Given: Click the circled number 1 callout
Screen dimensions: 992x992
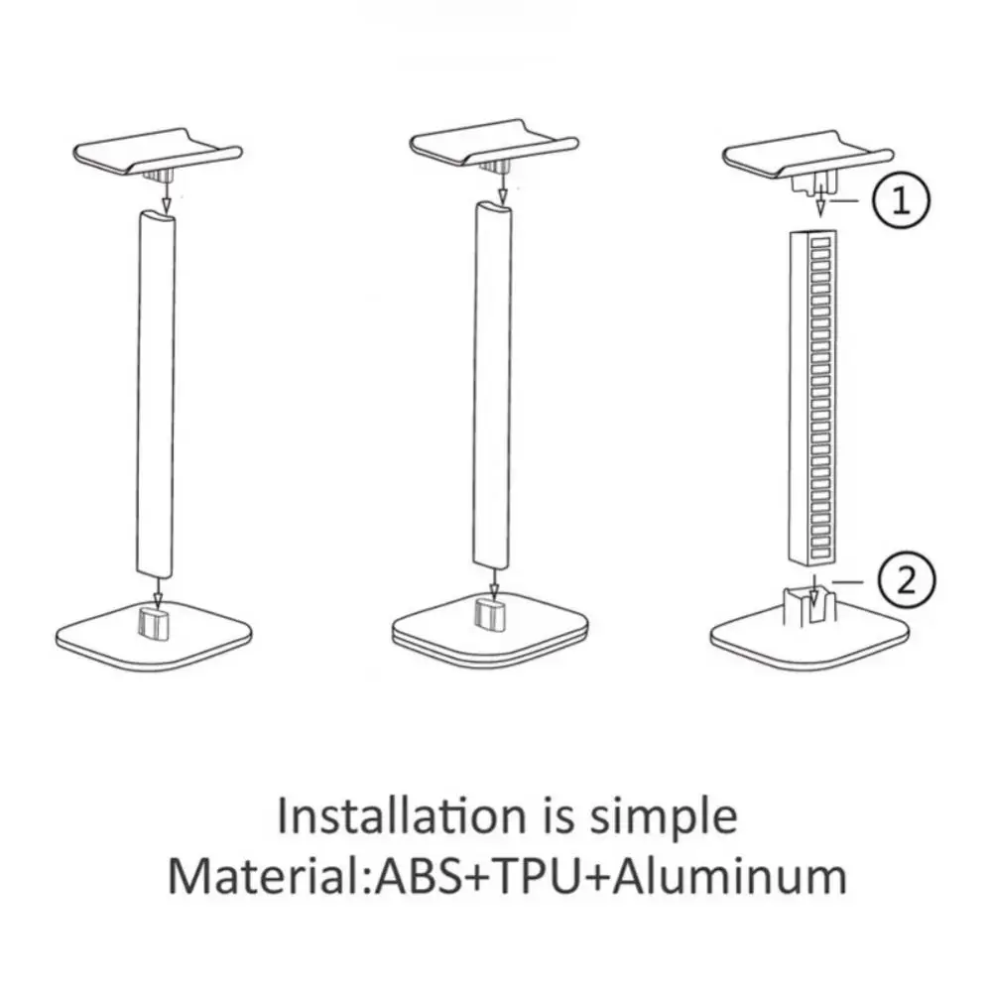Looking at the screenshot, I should pos(900,202).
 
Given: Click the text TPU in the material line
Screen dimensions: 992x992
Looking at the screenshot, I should pos(541,876).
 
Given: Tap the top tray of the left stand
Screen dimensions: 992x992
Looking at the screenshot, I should pos(157,148).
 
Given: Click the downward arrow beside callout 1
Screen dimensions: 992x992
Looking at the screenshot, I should pos(820,200).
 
